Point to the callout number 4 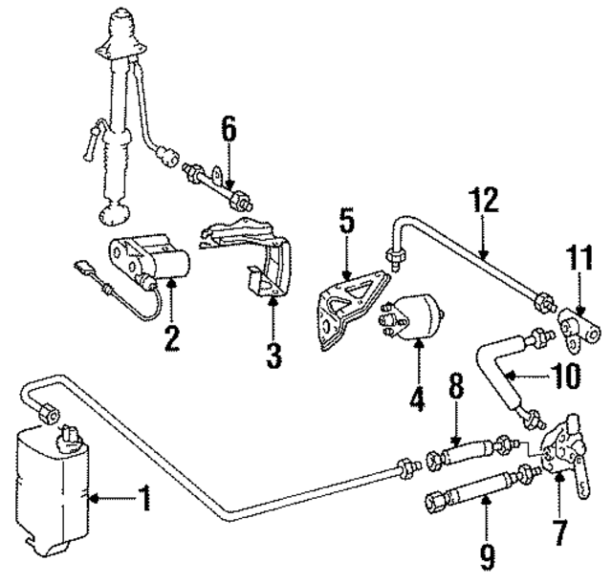pos(417,397)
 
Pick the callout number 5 pos(346,224)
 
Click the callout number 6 pos(228,127)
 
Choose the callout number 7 pos(559,527)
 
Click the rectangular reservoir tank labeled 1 pos(50,493)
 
